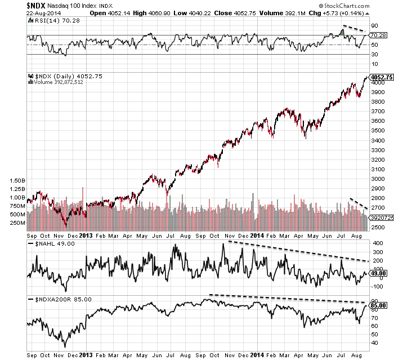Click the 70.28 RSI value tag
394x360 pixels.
pyautogui.click(x=377, y=35)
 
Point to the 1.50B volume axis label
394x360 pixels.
pyautogui.click(x=19, y=181)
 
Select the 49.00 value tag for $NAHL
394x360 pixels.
pyautogui.click(x=377, y=273)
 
